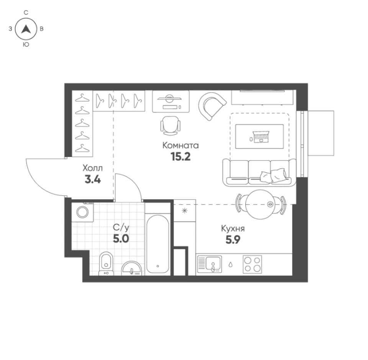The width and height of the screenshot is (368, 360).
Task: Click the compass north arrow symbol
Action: click(26, 30)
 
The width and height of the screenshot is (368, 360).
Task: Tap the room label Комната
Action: click(181, 145)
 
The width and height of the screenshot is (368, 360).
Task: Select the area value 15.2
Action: click(181, 157)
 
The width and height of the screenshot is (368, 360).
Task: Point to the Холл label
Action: click(93, 168)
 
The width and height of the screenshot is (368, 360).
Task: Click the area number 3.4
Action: click(93, 180)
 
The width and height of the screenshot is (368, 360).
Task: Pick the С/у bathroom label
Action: click(121, 228)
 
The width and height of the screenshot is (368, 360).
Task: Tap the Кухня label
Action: click(233, 228)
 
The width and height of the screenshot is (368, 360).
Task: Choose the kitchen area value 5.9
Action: click(233, 240)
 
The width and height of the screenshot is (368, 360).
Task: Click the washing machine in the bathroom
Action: click(83, 212)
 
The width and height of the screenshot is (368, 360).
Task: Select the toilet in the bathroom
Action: click(106, 263)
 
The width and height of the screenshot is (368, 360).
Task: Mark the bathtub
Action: click(158, 244)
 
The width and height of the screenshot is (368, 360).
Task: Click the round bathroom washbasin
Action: click(131, 268)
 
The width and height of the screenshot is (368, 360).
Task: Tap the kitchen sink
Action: click(209, 264)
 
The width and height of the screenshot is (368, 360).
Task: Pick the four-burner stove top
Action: click(252, 264)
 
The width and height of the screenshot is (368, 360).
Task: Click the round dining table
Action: click(260, 205)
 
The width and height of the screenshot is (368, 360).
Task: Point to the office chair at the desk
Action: click(171, 126)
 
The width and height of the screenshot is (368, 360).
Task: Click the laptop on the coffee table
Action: click(261, 137)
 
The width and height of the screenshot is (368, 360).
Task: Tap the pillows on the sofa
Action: click(273, 175)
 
